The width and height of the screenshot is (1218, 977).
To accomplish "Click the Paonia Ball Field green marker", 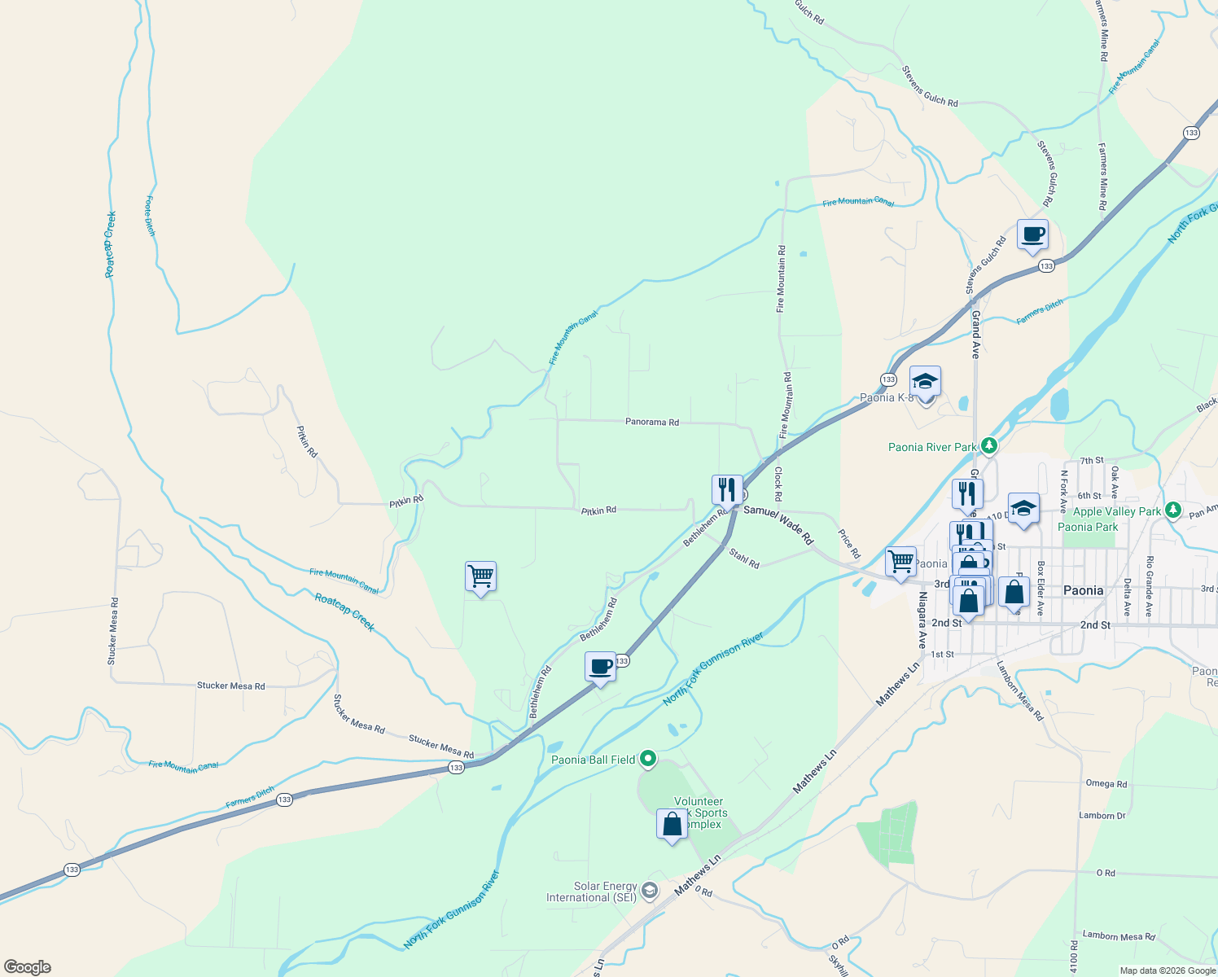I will (648, 760).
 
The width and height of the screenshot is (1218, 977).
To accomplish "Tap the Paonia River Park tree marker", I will (989, 445).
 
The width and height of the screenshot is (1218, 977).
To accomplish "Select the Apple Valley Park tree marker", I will (1172, 510).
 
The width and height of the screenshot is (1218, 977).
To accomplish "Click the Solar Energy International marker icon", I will (649, 891).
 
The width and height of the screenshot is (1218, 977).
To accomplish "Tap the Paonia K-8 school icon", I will (925, 381).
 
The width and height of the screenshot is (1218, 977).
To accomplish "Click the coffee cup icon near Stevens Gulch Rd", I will (1032, 234).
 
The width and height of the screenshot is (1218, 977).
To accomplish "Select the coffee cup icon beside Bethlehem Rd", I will (601, 667).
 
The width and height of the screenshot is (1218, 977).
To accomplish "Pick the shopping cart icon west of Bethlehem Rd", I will (480, 576).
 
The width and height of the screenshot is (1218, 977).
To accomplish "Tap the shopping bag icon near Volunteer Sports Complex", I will (672, 824).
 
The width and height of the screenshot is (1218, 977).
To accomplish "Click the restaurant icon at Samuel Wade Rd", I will (726, 490).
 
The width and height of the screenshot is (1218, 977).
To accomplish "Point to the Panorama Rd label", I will (651, 423).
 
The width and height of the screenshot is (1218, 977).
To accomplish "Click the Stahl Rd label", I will (744, 559).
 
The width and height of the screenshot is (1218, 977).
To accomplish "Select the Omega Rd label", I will (1106, 784).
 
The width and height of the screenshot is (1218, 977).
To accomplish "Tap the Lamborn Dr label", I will (1102, 816).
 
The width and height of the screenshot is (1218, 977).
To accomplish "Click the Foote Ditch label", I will (150, 216).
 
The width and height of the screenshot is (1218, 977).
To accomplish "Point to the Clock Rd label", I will (778, 483).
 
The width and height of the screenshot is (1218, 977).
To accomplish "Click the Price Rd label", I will (849, 544).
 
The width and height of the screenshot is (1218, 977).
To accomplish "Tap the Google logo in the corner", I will (27, 967).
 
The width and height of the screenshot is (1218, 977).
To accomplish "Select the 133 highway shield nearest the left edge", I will (72, 870).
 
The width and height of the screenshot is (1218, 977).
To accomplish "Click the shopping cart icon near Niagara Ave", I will (900, 561).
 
